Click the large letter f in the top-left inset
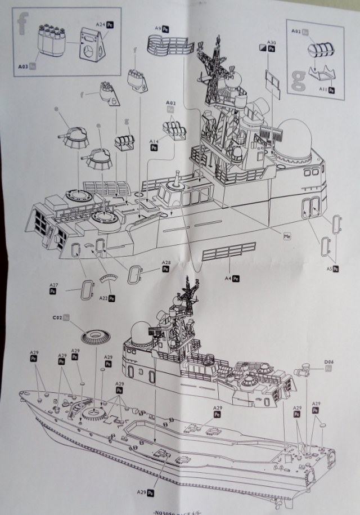[x=23, y=23]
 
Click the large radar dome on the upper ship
[x=296, y=137]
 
